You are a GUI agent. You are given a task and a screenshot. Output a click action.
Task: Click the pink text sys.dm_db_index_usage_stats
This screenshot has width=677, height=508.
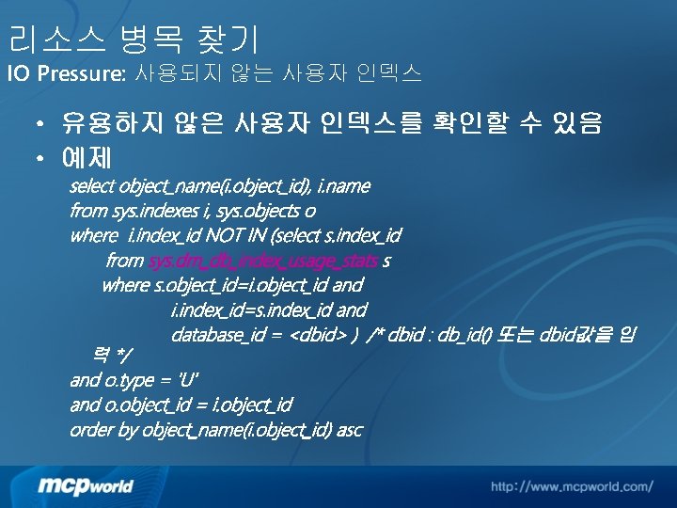click(263, 260)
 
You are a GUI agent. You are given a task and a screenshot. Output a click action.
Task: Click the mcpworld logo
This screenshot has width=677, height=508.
click(86, 485)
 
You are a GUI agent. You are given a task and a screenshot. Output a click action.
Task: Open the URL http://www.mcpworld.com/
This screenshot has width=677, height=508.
click(571, 486)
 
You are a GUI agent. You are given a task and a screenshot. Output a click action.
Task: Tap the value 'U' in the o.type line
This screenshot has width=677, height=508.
click(186, 380)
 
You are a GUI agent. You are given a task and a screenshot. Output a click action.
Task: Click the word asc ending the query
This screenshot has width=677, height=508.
click(349, 430)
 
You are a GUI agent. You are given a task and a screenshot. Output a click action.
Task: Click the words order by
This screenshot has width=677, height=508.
click(103, 430)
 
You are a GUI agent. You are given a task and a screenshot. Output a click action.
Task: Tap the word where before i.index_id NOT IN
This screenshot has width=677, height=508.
click(94, 235)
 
